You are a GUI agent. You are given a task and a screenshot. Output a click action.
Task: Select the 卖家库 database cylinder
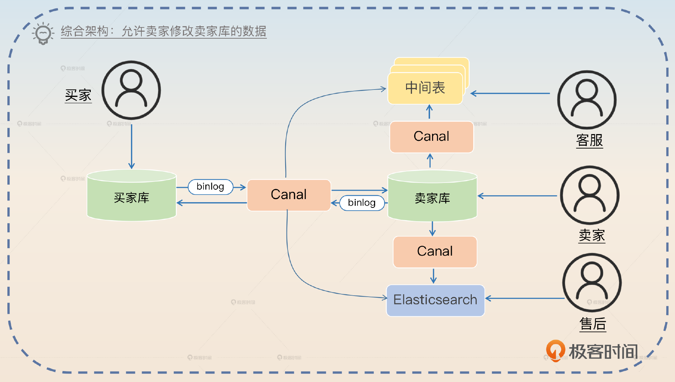432,198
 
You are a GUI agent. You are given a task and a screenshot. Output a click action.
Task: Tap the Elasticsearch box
435,300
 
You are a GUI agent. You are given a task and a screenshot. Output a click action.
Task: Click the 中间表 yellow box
425,88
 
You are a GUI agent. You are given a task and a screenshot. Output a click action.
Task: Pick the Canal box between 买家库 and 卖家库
289,195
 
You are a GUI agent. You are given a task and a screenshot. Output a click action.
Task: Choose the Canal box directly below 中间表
431,137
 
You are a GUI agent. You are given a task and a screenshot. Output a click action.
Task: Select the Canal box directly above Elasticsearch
435,251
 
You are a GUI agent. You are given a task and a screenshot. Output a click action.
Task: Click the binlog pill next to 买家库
210,186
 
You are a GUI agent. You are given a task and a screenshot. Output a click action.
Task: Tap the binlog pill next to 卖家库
362,203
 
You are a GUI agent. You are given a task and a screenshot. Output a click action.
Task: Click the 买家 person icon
131,90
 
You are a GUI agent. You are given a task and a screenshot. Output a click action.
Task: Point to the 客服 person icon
586,100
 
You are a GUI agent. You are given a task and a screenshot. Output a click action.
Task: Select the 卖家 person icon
590,195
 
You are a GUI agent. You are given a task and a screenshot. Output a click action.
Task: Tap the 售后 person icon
592,283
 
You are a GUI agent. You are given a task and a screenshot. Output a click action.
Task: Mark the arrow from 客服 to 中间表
510,93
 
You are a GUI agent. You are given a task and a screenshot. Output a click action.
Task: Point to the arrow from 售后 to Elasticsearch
524,298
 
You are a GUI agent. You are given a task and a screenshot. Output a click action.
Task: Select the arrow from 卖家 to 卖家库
517,196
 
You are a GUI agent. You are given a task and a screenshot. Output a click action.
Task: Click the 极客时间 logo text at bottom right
603,351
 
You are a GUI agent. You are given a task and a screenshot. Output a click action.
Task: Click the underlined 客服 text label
589,140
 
